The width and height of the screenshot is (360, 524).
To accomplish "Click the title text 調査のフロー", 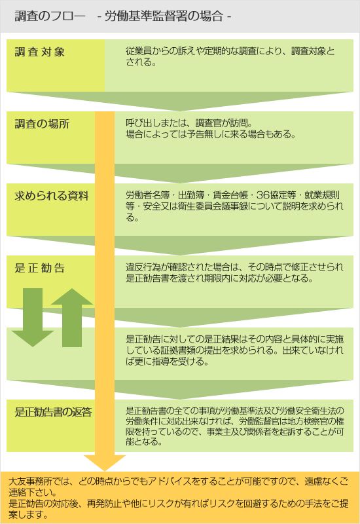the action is pos(50,16).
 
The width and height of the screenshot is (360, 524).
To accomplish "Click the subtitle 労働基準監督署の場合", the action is pos(164,16).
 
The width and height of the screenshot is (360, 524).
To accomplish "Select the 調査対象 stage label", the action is pos(40,52).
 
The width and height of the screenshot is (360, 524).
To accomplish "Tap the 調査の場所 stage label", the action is pos(42,124).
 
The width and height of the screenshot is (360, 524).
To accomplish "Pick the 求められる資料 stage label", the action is pos(52,196).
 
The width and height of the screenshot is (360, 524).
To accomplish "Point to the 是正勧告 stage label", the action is pos(40,268).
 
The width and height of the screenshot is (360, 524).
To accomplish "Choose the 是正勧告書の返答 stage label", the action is pos(53,412).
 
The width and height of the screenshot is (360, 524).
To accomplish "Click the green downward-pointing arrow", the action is pos(33,318).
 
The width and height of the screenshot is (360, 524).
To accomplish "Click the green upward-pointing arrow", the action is pos(72,318).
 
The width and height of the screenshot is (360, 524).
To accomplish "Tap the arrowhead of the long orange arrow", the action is pos(105,462).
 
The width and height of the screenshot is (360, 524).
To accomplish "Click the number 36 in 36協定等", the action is pos(262,195).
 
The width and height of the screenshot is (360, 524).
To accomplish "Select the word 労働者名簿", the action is pos(148,195).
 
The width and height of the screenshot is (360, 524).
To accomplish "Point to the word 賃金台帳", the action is pos(230,195).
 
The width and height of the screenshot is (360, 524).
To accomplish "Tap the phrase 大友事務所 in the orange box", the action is pos(30,481).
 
